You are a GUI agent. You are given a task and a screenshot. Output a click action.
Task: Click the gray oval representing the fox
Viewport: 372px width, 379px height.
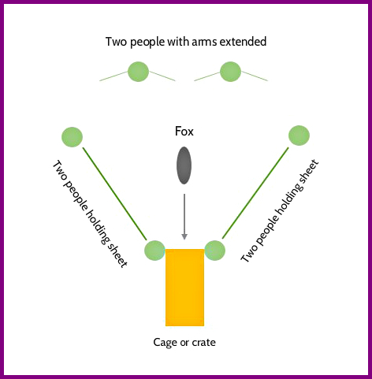coord(184,165)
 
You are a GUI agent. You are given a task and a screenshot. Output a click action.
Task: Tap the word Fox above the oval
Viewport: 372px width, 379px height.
coord(184,132)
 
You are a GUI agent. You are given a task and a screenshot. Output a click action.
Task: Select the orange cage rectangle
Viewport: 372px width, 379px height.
coord(184,288)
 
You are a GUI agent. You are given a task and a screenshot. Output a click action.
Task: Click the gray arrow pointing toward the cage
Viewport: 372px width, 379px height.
coord(184,217)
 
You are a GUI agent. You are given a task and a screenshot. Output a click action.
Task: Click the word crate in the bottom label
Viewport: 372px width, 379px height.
coord(204,343)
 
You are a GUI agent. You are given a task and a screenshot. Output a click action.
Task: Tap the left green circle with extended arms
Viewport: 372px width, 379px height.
coord(138,72)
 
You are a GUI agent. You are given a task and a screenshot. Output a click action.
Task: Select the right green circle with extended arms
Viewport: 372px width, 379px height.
coord(230,72)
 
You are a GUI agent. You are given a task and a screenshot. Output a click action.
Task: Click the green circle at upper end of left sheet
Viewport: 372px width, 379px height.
coord(72,137)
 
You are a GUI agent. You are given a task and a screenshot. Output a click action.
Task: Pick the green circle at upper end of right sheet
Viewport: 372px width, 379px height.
coord(299,136)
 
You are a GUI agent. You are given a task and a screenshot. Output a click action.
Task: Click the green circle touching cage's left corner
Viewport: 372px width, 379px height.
coord(154,251)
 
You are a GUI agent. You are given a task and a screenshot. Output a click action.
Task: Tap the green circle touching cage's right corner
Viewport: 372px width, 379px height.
coord(215,251)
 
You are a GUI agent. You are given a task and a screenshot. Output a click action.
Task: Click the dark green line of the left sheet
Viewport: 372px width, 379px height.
coord(115,194)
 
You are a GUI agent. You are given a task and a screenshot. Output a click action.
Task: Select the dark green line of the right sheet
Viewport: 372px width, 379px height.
coord(255,193)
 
